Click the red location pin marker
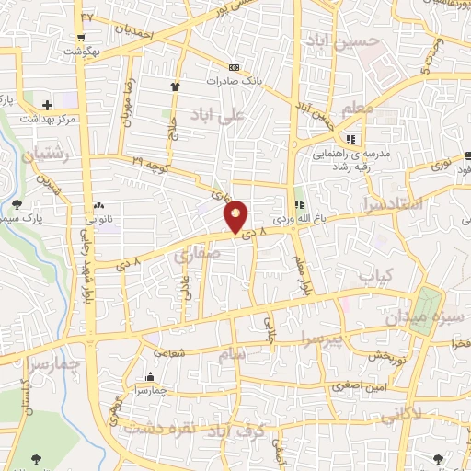(236, 216)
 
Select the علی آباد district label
(217, 116)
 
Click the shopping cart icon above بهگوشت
(81, 39)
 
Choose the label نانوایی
(99, 219)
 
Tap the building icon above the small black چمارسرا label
(150, 376)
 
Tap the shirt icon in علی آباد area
(173, 86)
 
